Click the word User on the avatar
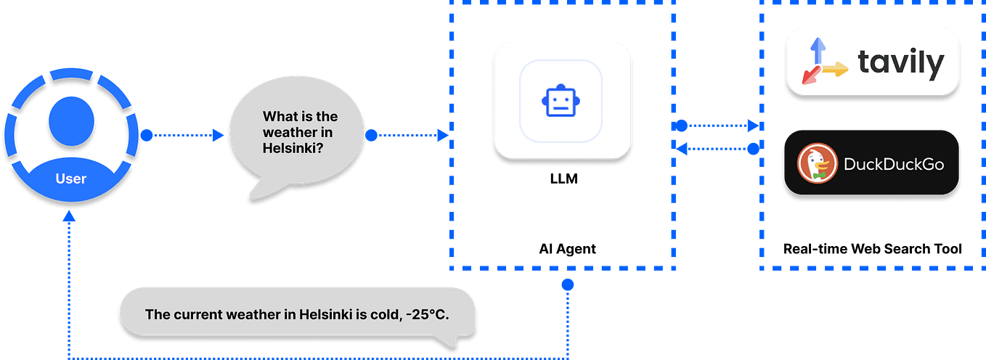tap(70, 178)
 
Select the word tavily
tap(901, 64)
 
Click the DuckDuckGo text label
tap(894, 164)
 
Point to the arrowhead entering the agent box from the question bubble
tap(441, 135)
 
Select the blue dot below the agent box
tap(568, 285)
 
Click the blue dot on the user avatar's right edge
tap(147, 135)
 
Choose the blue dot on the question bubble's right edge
tap(371, 135)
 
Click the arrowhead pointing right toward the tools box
tap(753, 126)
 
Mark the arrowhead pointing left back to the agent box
tap(681, 150)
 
